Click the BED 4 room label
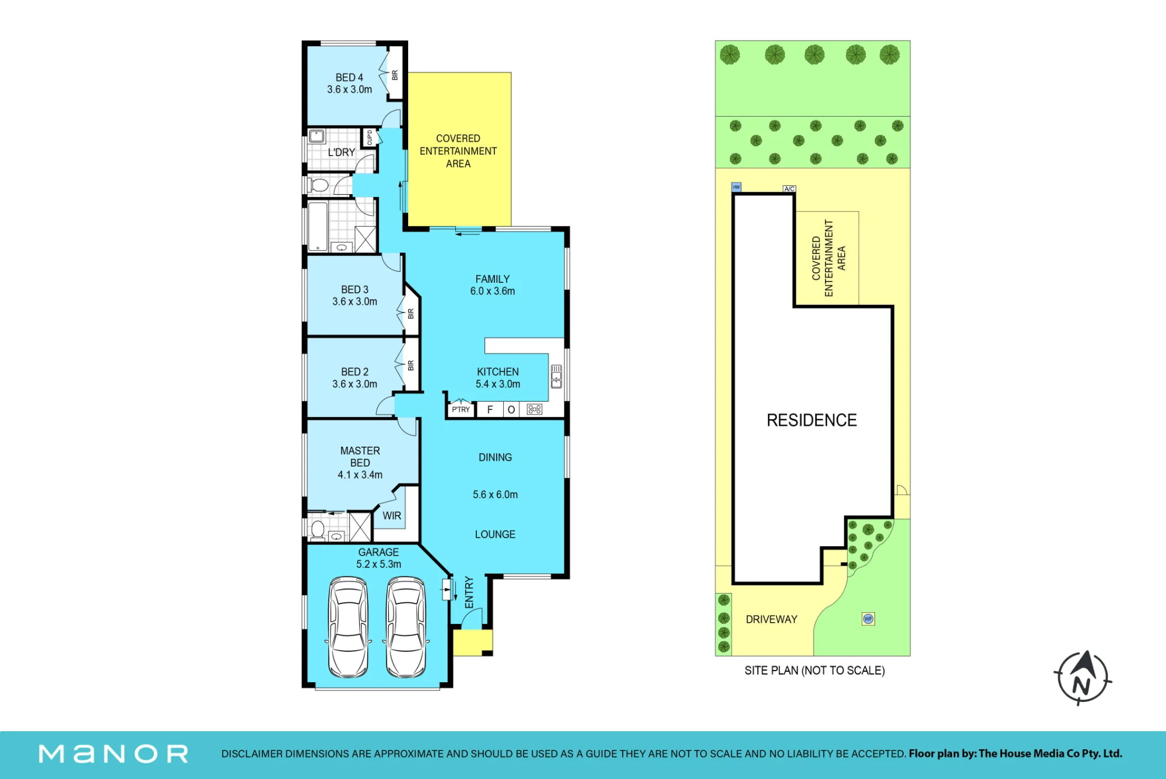pyautogui.click(x=349, y=83)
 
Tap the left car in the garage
pyautogui.click(x=349, y=627)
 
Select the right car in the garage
pyautogui.click(x=406, y=627)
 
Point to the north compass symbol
pyautogui.click(x=1083, y=678)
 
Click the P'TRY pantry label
pyautogui.click(x=461, y=409)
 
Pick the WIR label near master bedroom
pyautogui.click(x=392, y=516)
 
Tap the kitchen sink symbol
pyautogui.click(x=556, y=376)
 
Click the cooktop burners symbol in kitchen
pyautogui.click(x=535, y=409)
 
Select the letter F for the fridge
pyautogui.click(x=490, y=409)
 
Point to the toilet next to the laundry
pyautogui.click(x=318, y=185)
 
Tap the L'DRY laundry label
pyautogui.click(x=341, y=152)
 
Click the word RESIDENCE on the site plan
pyautogui.click(x=812, y=420)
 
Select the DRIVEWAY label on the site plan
pyautogui.click(x=771, y=619)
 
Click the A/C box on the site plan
pyautogui.click(x=789, y=189)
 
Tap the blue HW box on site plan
pyautogui.click(x=736, y=187)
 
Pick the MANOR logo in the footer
pyautogui.click(x=114, y=754)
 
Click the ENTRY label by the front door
pyautogui.click(x=469, y=592)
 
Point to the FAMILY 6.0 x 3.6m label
pyautogui.click(x=493, y=285)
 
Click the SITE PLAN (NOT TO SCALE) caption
pyautogui.click(x=814, y=671)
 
